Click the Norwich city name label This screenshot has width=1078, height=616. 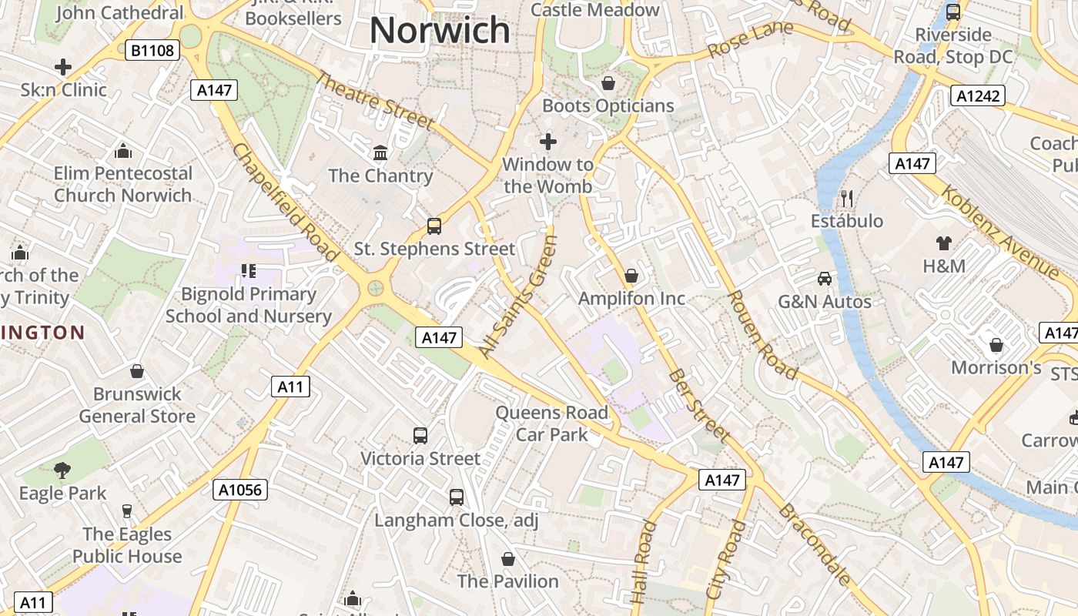(x=440, y=31)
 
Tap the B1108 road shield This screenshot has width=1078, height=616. (x=153, y=51)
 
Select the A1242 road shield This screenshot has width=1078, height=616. (x=978, y=95)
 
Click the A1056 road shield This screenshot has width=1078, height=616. (x=240, y=490)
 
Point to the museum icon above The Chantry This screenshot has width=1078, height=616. (x=380, y=152)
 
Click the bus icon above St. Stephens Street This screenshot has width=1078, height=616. (x=434, y=226)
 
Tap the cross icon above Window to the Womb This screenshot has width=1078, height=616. (x=548, y=142)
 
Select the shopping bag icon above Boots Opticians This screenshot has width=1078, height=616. (x=608, y=83)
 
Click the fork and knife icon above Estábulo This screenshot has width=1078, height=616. (x=847, y=199)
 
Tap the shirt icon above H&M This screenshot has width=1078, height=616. (x=944, y=243)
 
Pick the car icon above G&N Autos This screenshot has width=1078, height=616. (x=825, y=278)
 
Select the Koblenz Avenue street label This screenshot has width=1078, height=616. (x=999, y=231)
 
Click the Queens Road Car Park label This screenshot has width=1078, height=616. (x=551, y=423)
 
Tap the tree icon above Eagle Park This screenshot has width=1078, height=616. (x=62, y=470)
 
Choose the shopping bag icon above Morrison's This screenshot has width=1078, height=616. (x=996, y=345)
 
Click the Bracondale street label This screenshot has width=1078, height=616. (x=815, y=544)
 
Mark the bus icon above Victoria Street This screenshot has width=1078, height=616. (x=420, y=436)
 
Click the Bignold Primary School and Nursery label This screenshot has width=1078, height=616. (x=249, y=305)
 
